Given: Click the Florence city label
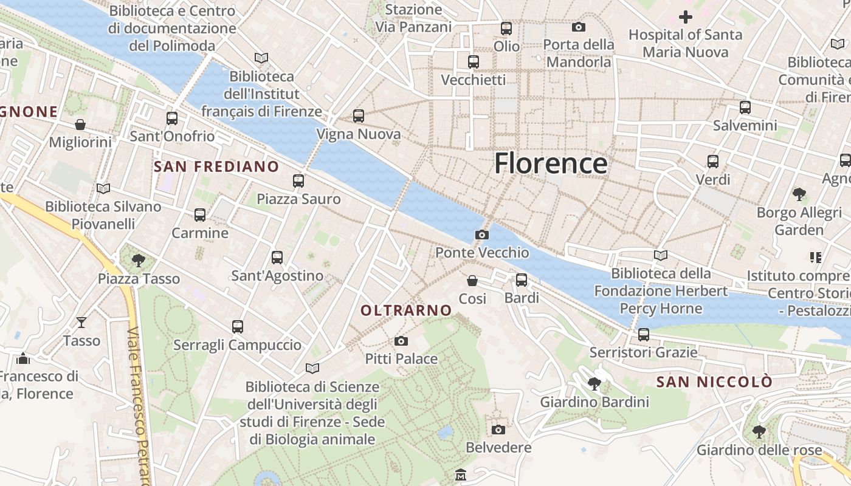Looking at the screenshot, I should (551, 164).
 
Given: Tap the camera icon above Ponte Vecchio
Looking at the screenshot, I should (481, 235).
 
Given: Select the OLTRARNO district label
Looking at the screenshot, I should (406, 310).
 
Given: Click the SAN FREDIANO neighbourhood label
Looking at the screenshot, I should (216, 166).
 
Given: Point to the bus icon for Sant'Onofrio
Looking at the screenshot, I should (172, 118).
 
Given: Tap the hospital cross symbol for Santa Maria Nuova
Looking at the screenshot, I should (686, 17).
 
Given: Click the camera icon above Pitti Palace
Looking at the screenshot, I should (401, 341).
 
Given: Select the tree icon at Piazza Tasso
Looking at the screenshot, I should (139, 261).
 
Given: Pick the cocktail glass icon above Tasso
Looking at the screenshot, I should (81, 323).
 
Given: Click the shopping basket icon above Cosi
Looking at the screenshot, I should (472, 281).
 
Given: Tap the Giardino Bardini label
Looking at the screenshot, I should (594, 402).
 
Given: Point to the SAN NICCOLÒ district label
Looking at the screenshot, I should (715, 382).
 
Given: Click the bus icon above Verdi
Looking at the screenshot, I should (713, 162).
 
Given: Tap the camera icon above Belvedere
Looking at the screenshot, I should (498, 430).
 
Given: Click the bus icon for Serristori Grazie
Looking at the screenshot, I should (644, 335).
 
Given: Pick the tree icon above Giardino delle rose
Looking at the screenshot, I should (759, 432).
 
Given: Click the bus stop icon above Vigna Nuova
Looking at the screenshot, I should (359, 116).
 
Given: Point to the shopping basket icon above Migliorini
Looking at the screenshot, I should (80, 125).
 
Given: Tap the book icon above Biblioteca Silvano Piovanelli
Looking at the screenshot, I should (103, 189).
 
